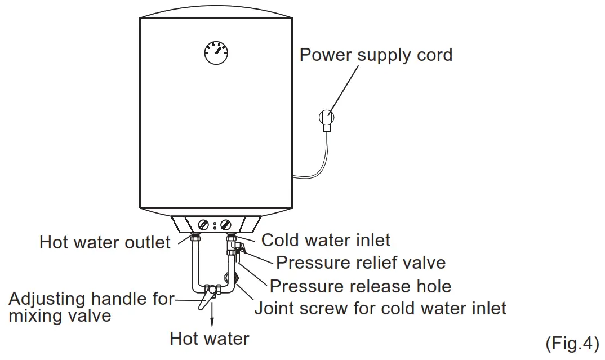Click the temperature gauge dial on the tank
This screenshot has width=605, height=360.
216,54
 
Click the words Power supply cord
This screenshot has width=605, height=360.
376,55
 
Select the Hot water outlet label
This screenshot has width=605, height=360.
105,243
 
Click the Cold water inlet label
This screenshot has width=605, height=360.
326,241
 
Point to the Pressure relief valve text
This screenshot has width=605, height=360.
361,263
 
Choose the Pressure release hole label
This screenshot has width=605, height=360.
361,286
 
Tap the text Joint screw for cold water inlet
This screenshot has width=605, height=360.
380,309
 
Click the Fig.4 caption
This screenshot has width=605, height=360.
572,343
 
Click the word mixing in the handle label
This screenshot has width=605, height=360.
33,317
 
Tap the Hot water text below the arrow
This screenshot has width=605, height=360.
210,339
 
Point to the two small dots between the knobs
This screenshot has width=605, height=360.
215,225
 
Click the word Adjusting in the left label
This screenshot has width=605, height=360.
47,299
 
